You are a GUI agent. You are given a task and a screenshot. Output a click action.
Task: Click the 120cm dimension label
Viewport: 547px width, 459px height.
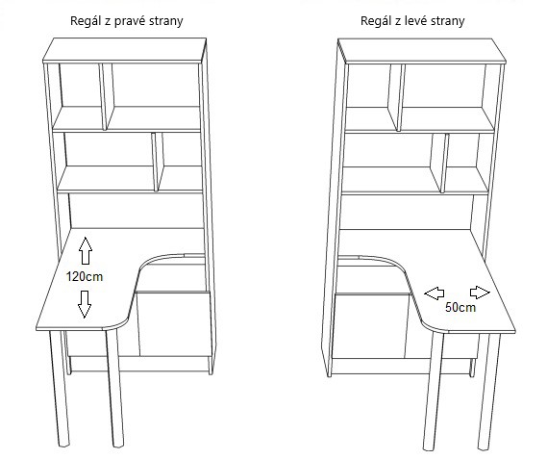85,277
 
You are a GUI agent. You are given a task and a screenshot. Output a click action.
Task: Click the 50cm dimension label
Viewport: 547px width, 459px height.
460,307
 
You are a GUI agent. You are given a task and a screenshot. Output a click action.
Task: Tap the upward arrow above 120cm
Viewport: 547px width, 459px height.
86,250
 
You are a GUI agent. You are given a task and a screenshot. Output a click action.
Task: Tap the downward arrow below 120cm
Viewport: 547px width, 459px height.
85,304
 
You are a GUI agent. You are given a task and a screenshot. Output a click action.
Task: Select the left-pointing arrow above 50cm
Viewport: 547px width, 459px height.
435,293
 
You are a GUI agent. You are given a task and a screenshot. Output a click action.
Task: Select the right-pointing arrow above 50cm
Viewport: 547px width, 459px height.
480,293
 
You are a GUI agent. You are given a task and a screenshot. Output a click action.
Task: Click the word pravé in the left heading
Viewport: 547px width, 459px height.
130,21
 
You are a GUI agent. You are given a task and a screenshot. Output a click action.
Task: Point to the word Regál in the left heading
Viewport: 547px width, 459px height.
86,21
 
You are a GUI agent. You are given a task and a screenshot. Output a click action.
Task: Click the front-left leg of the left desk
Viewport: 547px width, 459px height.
60,389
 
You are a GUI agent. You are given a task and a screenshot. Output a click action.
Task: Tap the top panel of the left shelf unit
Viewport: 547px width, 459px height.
125,51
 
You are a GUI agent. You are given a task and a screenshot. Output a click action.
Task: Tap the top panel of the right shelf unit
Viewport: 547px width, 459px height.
422,51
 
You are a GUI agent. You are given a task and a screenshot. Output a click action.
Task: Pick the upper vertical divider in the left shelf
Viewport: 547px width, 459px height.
107,97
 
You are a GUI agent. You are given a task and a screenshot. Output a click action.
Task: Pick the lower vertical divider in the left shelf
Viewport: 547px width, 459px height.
158,162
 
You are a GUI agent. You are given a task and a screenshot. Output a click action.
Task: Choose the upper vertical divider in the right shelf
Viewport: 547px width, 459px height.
397,97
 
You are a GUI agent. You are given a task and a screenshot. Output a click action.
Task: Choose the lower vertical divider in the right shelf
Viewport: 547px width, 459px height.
439,163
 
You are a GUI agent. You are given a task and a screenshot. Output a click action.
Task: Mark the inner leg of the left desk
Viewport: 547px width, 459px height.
114,388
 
